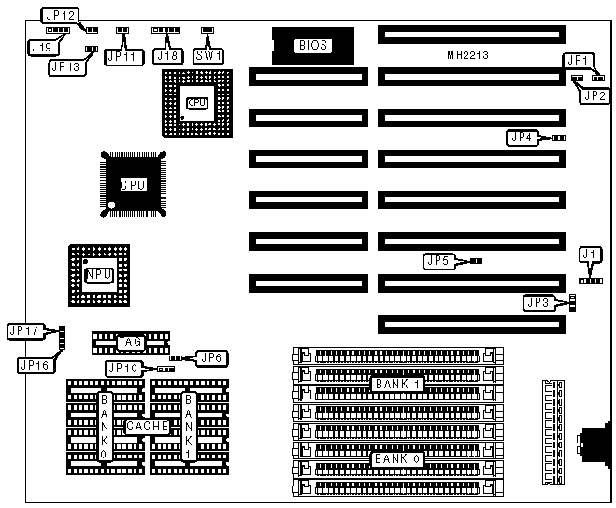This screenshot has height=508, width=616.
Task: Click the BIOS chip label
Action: (312, 44)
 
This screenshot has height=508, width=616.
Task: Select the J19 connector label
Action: (40, 46)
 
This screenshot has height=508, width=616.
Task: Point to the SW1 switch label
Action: (208, 55)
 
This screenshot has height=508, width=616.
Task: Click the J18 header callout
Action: (167, 55)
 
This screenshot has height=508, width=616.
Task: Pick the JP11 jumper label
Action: (122, 57)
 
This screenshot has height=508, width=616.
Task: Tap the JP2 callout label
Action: (595, 94)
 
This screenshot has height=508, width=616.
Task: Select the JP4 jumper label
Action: (522, 138)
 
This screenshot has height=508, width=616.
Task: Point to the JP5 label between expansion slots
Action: (438, 260)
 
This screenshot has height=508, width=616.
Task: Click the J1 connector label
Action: (588, 254)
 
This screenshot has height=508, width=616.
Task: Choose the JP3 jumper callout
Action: (537, 301)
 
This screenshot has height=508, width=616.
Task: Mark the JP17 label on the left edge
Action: (22, 330)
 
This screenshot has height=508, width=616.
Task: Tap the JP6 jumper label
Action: (214, 357)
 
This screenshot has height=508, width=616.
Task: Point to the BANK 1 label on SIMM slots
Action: (397, 384)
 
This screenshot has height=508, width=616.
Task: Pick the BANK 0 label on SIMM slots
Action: (397, 459)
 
